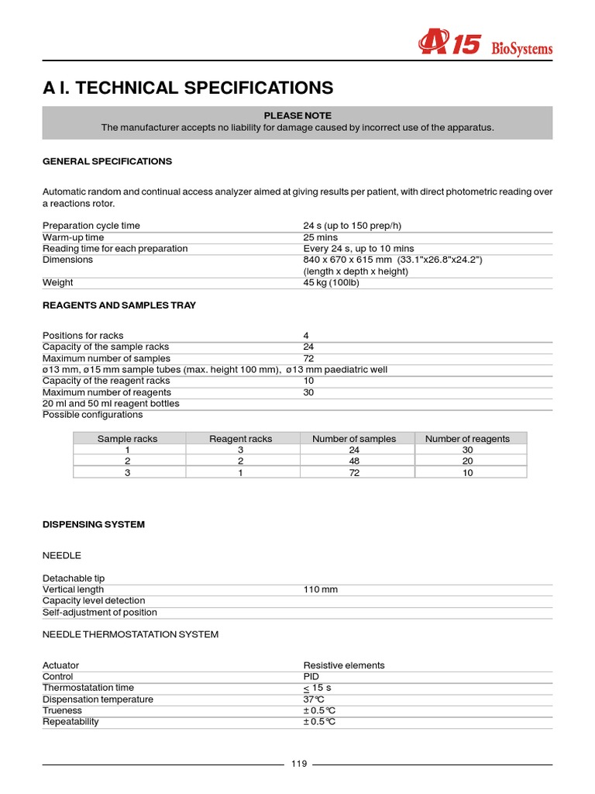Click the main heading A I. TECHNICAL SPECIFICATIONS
(x=187, y=88)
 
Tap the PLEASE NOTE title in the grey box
(x=297, y=116)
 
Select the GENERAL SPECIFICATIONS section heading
(x=107, y=161)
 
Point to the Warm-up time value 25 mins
(x=321, y=237)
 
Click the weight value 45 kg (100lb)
(x=331, y=283)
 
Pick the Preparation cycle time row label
(x=91, y=226)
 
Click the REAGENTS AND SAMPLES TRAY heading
(x=119, y=306)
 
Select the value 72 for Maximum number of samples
(x=308, y=358)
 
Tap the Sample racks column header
(x=127, y=439)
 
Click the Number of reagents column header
(x=467, y=439)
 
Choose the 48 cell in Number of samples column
(x=354, y=461)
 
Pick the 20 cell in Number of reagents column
(x=467, y=461)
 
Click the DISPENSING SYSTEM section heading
(x=93, y=525)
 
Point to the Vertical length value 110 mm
(x=320, y=590)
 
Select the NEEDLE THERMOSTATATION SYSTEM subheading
(x=130, y=634)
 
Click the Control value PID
(x=311, y=677)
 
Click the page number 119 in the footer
(x=299, y=765)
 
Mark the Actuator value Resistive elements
(x=343, y=665)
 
